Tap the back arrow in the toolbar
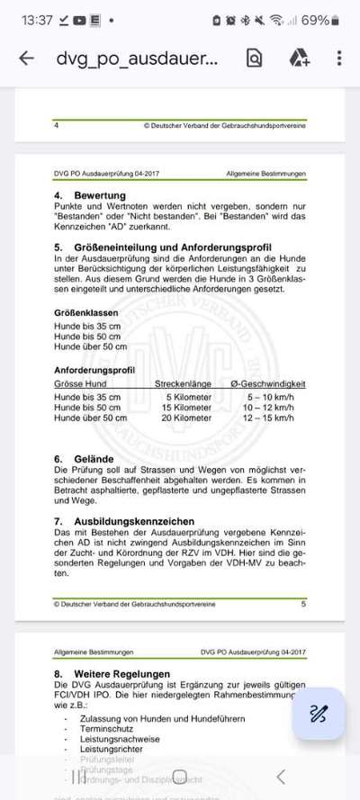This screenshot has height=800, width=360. point(26,58)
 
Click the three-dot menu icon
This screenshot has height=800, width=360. point(338,58)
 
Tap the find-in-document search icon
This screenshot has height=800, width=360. point(254,58)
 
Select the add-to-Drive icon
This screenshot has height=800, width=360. point(299,58)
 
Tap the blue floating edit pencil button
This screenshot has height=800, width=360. point(319,714)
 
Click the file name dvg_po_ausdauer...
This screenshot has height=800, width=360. point(137,59)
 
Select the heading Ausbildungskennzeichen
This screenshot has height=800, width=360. point(131,521)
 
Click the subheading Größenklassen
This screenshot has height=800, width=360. point(86,311)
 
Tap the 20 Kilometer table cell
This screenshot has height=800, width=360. point(186,418)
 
